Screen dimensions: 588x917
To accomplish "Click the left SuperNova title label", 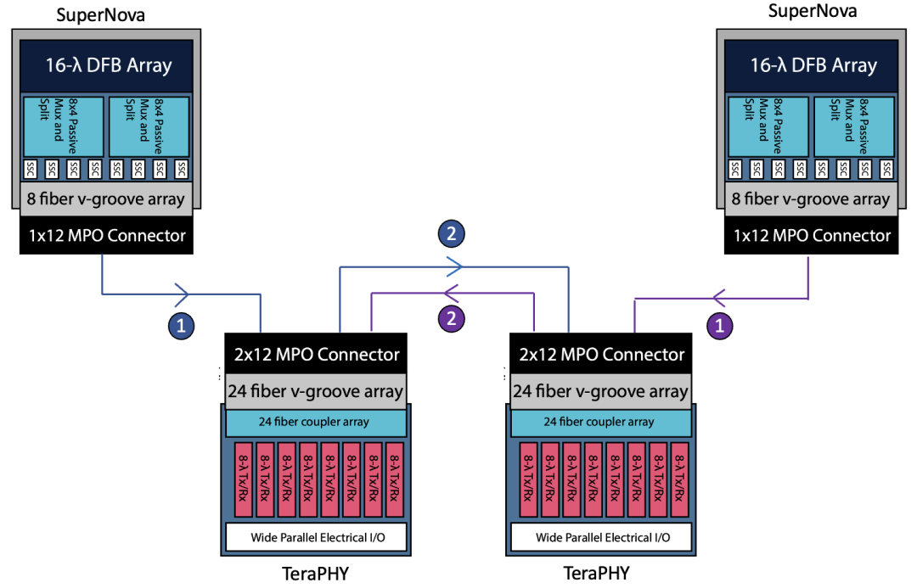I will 99,14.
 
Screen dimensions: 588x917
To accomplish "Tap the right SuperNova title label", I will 812,11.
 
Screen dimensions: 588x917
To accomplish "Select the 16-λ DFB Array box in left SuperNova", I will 106,64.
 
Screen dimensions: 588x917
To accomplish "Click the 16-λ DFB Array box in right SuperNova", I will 811,64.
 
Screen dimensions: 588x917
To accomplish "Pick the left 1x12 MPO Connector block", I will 106,235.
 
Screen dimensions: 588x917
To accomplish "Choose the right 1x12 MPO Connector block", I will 812,235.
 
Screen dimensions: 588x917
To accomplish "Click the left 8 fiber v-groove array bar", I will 106,200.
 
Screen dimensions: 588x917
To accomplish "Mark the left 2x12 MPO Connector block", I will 316,354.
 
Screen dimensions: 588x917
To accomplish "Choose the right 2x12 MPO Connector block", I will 600,354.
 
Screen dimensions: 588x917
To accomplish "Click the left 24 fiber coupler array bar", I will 315,422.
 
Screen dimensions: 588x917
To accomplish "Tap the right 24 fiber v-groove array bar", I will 600,391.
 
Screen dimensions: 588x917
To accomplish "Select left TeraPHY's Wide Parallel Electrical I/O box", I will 315,537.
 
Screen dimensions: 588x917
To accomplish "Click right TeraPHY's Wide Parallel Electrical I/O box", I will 600,537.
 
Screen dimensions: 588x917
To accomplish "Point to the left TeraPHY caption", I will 315,574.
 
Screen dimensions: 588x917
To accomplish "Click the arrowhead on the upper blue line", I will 453,266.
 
